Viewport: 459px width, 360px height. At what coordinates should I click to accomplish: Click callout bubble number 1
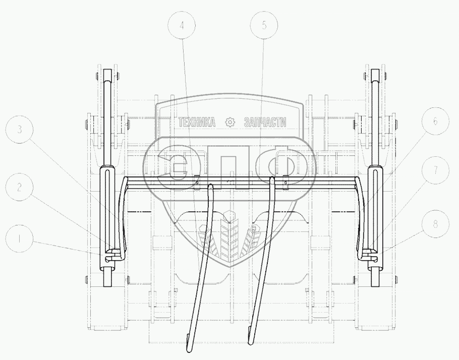coord(19,239)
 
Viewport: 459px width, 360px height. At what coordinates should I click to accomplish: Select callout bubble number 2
coord(19,188)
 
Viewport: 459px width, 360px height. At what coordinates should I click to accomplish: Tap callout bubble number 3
coord(19,130)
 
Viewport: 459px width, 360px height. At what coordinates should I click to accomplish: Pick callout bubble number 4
coord(182,26)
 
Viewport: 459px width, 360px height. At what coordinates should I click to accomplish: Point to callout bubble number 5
coord(264,26)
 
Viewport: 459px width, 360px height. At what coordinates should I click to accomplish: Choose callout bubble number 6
coord(435,121)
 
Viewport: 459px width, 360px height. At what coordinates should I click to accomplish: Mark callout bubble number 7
coord(435,170)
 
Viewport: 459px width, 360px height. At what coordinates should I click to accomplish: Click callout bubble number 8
coord(435,224)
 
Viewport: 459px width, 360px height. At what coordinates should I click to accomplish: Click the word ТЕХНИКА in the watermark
coord(197,122)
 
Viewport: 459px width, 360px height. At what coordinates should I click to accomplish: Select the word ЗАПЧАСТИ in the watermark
coord(265,122)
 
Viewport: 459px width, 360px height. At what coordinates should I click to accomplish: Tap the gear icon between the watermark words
coord(229,122)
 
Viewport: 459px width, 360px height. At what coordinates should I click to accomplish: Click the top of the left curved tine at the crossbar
coord(210,186)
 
